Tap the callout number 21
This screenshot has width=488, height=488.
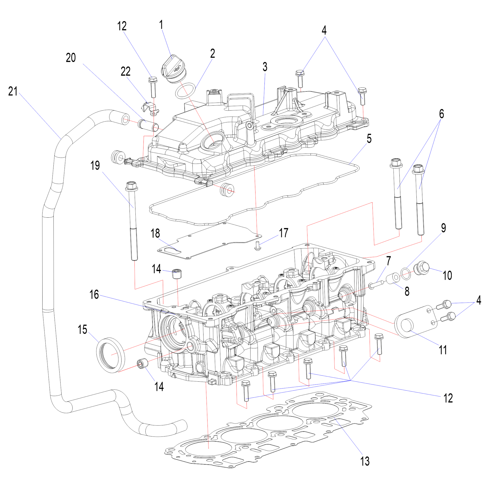tap(13, 91)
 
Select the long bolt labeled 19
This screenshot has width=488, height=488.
tap(133, 222)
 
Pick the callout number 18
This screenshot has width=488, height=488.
tap(155, 234)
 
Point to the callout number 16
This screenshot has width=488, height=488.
tap(94, 295)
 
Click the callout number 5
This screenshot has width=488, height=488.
tap(369, 139)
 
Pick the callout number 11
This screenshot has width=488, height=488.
tap(443, 350)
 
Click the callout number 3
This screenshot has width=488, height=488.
tap(265, 67)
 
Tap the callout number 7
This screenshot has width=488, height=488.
tap(388, 261)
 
